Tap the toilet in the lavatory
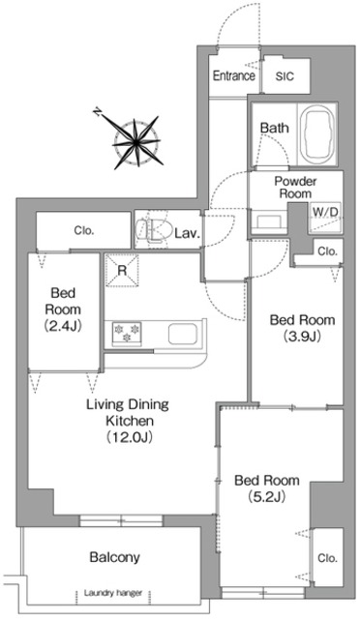[153, 230]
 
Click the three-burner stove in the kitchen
[127, 334]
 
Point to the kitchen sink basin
[182, 334]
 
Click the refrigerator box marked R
[122, 271]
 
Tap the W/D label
[325, 212]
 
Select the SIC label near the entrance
[285, 76]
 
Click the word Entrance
[234, 75]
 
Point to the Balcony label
[114, 557]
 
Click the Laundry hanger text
[113, 593]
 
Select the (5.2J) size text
[267, 497]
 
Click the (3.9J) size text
[302, 337]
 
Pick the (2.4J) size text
[63, 326]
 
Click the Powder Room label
[295, 187]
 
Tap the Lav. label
[188, 233]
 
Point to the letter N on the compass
[97, 112]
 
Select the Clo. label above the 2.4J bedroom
[84, 231]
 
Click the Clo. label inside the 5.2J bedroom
[328, 558]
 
